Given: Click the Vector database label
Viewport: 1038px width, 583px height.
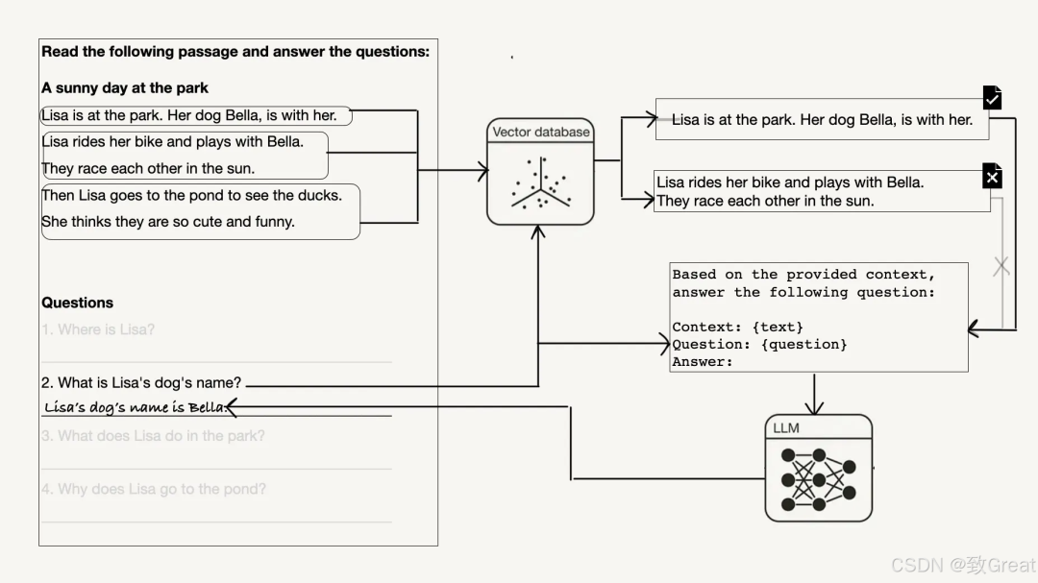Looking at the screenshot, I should [x=541, y=132].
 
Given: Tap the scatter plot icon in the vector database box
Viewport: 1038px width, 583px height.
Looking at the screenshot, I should [x=540, y=182].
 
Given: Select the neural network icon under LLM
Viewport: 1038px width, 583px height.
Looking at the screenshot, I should [x=818, y=478].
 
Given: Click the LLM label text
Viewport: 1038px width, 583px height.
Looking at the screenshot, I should [x=786, y=427].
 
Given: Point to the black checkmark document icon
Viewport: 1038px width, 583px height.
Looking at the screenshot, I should [x=993, y=98].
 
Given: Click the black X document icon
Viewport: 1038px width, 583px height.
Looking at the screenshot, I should [x=993, y=177].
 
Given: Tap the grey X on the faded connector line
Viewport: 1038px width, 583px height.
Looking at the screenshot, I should [x=1001, y=266].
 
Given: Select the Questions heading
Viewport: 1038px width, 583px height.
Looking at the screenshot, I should [x=77, y=303].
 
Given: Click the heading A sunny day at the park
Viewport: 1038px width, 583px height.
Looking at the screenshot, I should [x=125, y=87].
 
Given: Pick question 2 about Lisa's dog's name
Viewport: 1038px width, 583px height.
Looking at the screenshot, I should [x=141, y=382].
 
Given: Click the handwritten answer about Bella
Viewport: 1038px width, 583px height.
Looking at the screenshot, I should [x=135, y=407].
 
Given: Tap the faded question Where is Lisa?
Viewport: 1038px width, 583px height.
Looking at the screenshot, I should [x=98, y=329].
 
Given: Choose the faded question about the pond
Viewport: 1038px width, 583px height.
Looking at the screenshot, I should [x=154, y=489].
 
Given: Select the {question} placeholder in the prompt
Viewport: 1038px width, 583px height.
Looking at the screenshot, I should [x=803, y=344].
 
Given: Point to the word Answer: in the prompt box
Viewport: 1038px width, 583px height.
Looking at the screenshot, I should [x=703, y=361].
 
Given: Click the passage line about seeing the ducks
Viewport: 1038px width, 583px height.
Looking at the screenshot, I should [x=191, y=195].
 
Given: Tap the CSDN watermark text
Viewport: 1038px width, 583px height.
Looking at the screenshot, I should [x=962, y=565].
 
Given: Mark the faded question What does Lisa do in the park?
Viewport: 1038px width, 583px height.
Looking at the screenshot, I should [x=153, y=436].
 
